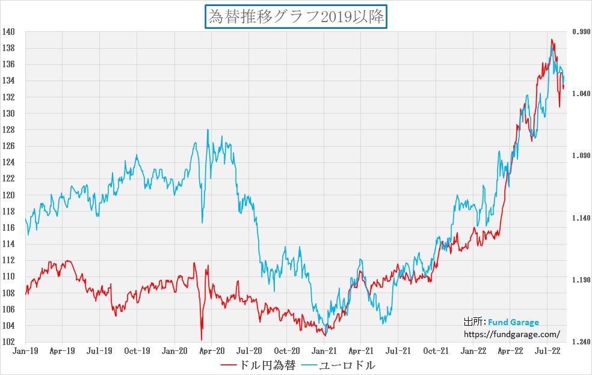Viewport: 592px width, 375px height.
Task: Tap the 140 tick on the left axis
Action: (x=8, y=31)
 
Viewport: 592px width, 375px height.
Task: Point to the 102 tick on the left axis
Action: (x=8, y=342)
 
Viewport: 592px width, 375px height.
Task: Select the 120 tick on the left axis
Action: (x=8, y=195)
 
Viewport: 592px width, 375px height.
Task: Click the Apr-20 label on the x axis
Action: (x=212, y=350)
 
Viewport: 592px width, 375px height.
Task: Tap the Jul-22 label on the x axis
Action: (x=548, y=350)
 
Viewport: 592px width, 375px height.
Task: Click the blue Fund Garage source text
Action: (x=513, y=322)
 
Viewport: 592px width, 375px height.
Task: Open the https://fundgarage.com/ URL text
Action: (x=511, y=334)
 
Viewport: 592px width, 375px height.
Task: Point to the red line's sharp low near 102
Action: (x=201, y=340)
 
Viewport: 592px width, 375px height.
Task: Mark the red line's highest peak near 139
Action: (x=552, y=40)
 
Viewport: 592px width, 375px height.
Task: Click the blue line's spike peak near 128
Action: (x=208, y=130)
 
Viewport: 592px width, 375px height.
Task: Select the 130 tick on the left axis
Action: (x=8, y=113)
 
